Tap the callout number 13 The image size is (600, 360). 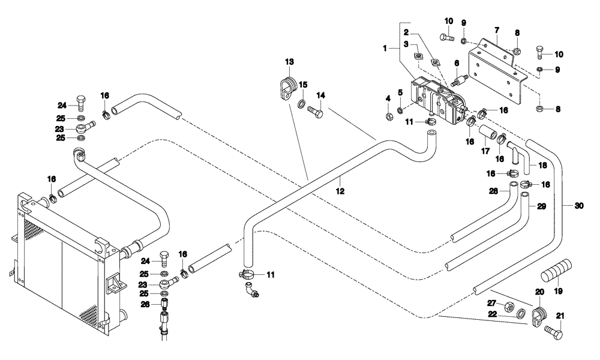pyautogui.click(x=290, y=62)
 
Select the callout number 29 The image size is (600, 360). pyautogui.click(x=541, y=206)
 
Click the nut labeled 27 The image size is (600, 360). pyautogui.click(x=508, y=305)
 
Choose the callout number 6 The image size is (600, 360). pyautogui.click(x=456, y=62)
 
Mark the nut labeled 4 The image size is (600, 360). pyautogui.click(x=388, y=112)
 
